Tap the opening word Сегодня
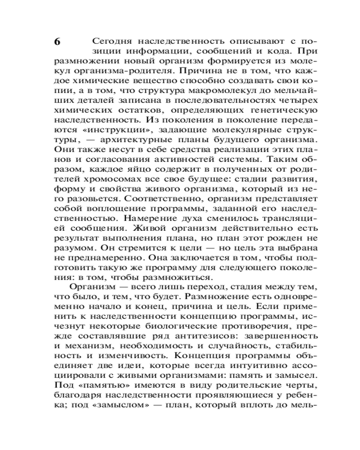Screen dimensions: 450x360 coord(108,40)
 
